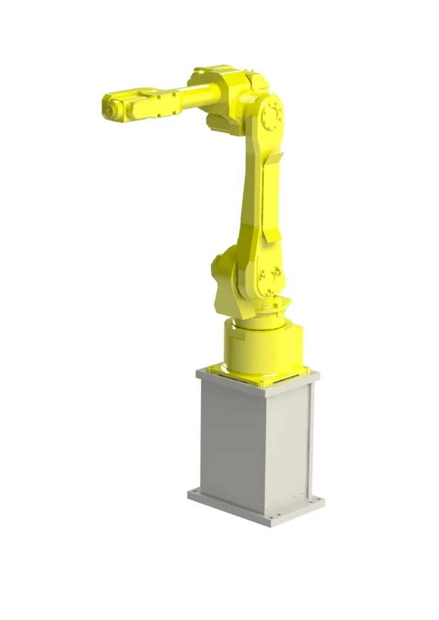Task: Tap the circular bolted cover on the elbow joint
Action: (x=271, y=115)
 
